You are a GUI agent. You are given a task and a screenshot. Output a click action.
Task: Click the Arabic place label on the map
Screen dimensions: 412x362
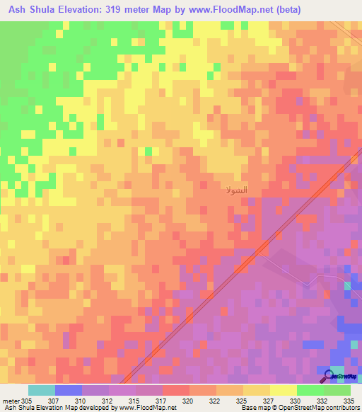pos(235,191)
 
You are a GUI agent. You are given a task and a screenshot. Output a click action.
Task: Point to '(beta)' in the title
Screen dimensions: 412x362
pos(300,10)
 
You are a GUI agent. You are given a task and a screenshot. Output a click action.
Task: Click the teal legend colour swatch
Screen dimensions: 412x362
pos(41,390)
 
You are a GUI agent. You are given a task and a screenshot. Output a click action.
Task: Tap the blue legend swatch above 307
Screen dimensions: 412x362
pos(68,390)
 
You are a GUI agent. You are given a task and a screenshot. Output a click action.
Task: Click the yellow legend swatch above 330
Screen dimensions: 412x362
pos(283,390)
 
